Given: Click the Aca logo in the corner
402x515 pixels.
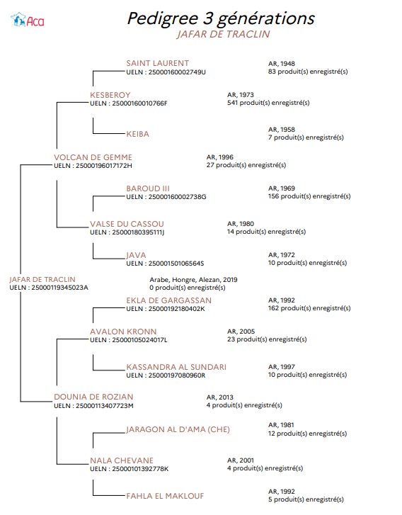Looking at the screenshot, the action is pos(27,20).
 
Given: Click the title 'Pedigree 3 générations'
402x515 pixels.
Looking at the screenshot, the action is pos(221,18).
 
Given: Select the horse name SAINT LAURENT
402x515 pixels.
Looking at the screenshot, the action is pos(158,63).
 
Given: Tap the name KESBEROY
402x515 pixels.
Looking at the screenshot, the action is pos(110,95).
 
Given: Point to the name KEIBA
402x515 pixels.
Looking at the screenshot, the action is pos(137,134).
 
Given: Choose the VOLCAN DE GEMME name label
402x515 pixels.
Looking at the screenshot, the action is pos(93,157).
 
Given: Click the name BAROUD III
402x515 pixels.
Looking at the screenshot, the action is pos(148,188).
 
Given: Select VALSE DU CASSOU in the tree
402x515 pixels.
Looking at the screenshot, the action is pos(127,224).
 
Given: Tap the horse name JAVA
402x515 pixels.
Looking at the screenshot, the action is pos(136,255).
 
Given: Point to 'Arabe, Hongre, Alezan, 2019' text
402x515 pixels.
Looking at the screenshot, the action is pos(193,280).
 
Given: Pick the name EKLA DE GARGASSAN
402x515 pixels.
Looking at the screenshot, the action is pos(168,300).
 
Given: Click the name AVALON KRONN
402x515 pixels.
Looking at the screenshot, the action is pos(123,332).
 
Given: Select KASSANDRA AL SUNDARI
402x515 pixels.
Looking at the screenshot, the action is pos(176,367).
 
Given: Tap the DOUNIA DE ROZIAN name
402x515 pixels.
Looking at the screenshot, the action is pos(93,397).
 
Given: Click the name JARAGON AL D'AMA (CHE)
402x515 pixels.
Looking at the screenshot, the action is pos(178,429).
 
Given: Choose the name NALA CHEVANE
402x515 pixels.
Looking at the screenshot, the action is pos(122,460).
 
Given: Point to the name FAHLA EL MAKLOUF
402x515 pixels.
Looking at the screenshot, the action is pos(165,496).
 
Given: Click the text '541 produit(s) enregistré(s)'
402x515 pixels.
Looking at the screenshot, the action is pos(268,103).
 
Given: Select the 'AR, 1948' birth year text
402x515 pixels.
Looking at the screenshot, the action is pos(281,64).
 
